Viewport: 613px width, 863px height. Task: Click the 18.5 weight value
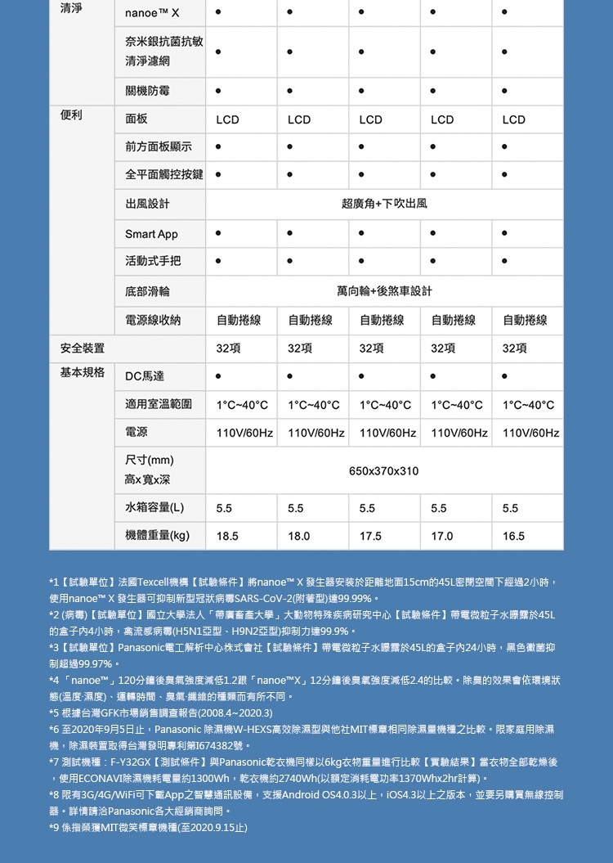(228, 536)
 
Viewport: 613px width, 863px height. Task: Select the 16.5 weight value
(514, 536)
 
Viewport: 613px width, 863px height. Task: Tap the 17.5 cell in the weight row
(370, 536)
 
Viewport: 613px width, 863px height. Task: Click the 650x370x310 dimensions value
(383, 471)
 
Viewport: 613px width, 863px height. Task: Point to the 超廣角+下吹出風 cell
(383, 202)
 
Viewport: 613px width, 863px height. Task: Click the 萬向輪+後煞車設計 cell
(383, 290)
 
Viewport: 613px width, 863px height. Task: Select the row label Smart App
(151, 235)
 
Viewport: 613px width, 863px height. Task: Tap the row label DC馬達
(145, 376)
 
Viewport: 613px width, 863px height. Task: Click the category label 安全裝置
(82, 348)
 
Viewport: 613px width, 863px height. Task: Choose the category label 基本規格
(82, 373)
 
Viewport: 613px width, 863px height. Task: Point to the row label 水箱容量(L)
(154, 508)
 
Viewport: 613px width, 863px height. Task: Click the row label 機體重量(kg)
(158, 536)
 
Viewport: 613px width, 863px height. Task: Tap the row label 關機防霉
(148, 89)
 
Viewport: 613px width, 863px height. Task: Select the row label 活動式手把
(153, 262)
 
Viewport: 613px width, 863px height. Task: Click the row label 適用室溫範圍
(159, 404)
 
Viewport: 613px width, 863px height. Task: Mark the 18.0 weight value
(299, 536)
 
